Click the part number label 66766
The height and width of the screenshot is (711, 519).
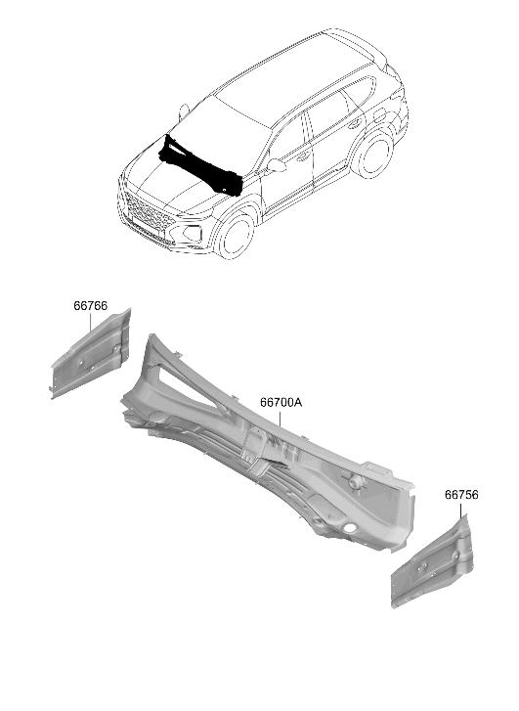[x=91, y=306]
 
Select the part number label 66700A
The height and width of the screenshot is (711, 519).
[x=281, y=402]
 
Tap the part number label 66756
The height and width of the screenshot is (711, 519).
[x=461, y=495]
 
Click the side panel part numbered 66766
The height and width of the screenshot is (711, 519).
[x=91, y=354]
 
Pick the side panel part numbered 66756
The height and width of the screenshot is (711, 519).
[x=432, y=563]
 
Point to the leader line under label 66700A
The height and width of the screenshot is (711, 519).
[x=281, y=418]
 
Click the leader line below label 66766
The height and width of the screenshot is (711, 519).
[x=90, y=322]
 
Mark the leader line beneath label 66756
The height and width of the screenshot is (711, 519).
[x=461, y=510]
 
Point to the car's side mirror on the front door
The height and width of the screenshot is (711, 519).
[x=277, y=165]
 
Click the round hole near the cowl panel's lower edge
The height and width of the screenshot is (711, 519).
[x=349, y=528]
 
